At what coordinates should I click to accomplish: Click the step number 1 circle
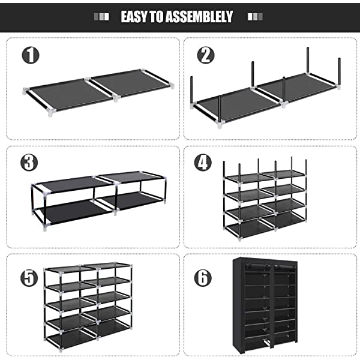tap(31, 55)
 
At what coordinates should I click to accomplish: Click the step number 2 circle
tap(206, 55)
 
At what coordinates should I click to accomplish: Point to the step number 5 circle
tap(30, 278)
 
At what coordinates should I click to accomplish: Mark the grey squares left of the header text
tap(104, 17)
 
